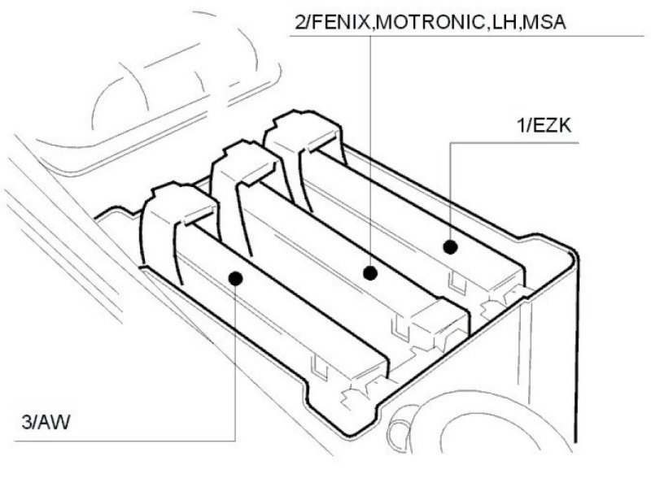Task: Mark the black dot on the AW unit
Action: [x=236, y=279]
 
